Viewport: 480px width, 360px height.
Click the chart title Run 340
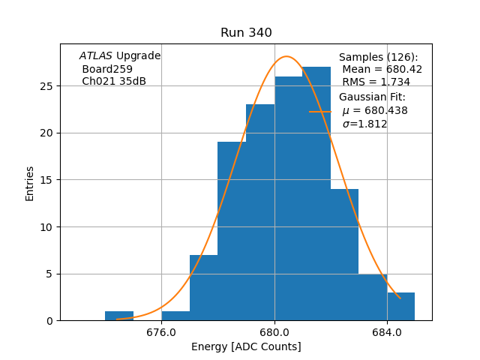(x=246, y=33)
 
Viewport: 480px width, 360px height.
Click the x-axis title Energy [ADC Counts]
(x=246, y=346)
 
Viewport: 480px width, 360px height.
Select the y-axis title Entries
(x=30, y=183)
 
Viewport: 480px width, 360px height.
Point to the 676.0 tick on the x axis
(x=161, y=332)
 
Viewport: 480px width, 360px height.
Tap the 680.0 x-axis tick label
(x=274, y=332)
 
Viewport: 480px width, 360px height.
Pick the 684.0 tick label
(x=387, y=332)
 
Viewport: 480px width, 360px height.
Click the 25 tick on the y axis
(x=46, y=86)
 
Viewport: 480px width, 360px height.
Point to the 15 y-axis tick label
(x=46, y=180)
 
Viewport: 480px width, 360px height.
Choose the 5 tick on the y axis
(x=49, y=274)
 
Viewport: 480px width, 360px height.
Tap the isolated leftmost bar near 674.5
(x=119, y=316)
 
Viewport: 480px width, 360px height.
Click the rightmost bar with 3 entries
(x=400, y=307)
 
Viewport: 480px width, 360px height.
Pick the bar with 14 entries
(x=344, y=255)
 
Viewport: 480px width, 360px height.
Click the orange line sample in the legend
(x=320, y=111)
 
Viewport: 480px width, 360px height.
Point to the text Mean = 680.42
(x=382, y=69)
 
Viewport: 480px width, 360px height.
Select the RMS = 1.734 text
(x=376, y=82)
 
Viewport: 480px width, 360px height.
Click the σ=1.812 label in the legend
(x=364, y=124)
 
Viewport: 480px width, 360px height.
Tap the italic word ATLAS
(x=96, y=56)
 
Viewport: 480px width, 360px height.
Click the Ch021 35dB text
(x=114, y=82)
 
